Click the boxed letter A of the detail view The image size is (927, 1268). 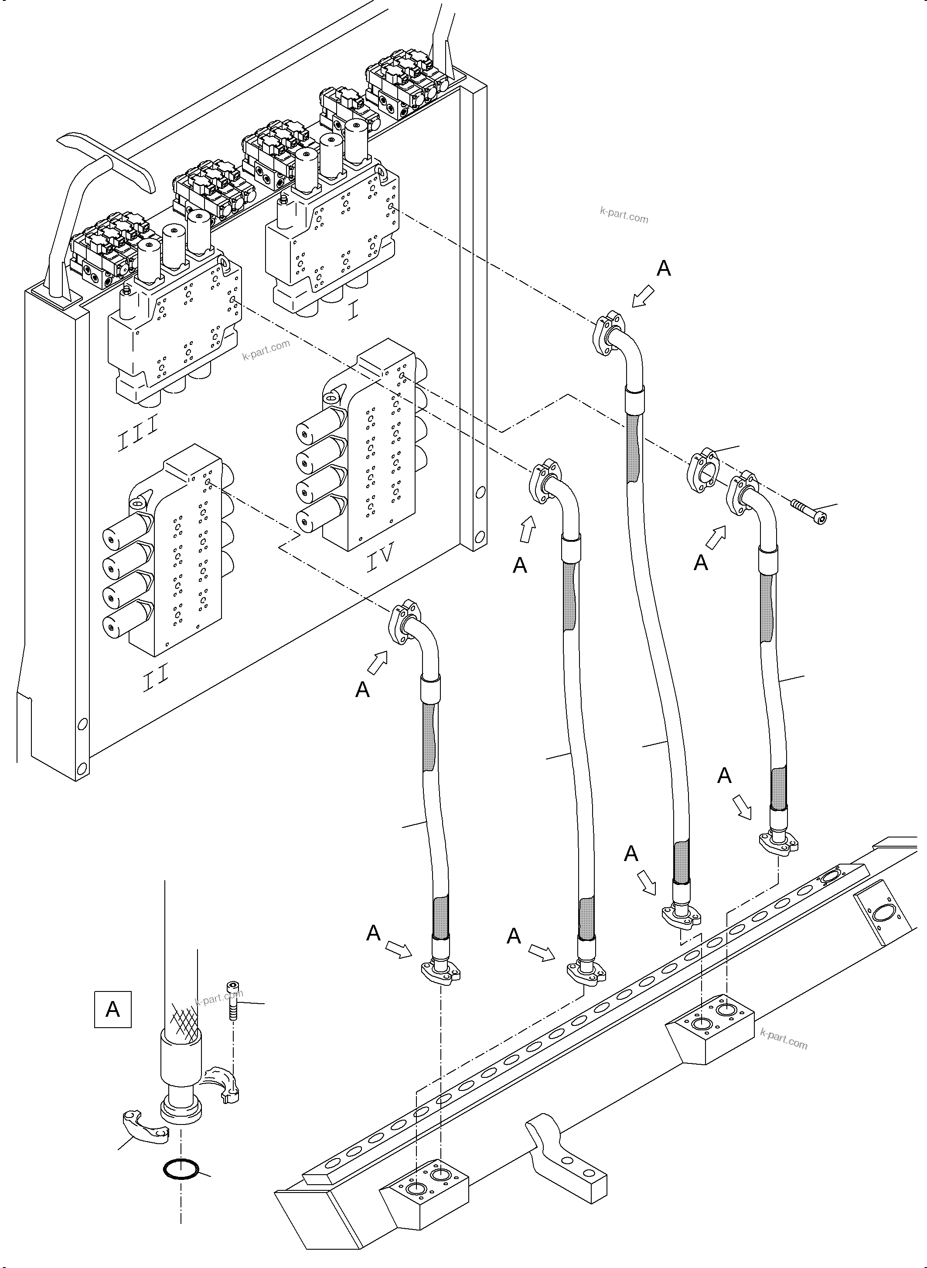pos(113,1009)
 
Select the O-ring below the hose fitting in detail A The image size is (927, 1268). pos(181,1169)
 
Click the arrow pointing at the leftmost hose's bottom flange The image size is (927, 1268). pos(398,950)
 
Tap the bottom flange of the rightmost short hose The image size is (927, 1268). pos(779,844)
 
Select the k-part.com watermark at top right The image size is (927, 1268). pos(624,215)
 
